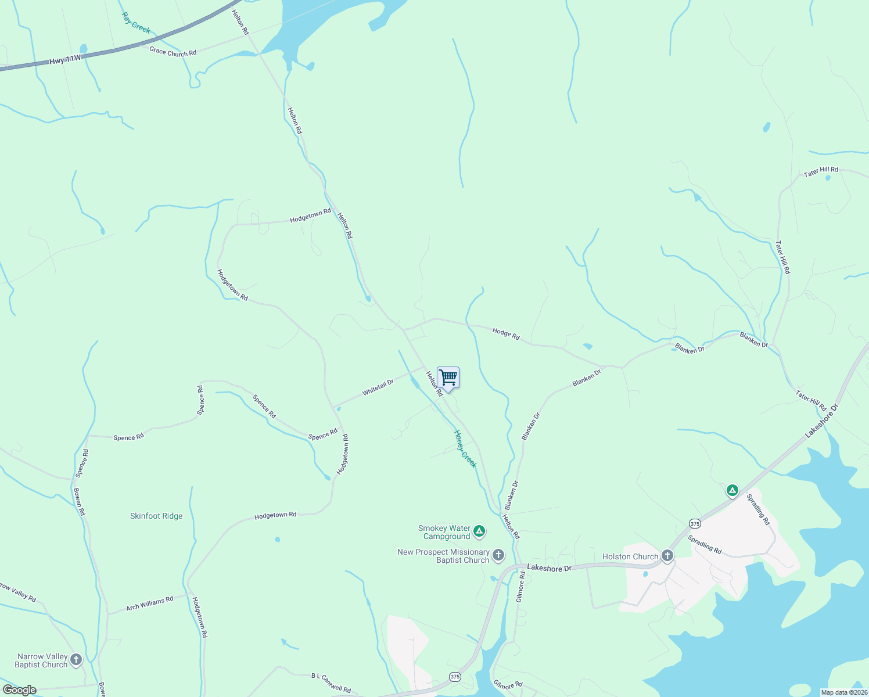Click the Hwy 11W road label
point(65,59)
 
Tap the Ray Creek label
point(136,23)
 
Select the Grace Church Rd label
point(173,52)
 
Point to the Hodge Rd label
point(506,333)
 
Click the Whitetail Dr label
point(378,387)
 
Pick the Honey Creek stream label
point(465,448)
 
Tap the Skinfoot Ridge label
point(156,516)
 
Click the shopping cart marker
point(448,378)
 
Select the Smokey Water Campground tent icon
point(479,531)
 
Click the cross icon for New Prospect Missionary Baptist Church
point(498,555)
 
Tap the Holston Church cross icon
point(667,556)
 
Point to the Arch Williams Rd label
point(150,603)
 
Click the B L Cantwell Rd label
point(331,683)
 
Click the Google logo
point(20,690)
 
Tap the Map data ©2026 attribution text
point(843,692)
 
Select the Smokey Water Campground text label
point(444,532)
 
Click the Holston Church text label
point(630,556)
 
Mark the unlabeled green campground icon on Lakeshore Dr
point(732,491)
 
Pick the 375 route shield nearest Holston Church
point(695,523)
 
